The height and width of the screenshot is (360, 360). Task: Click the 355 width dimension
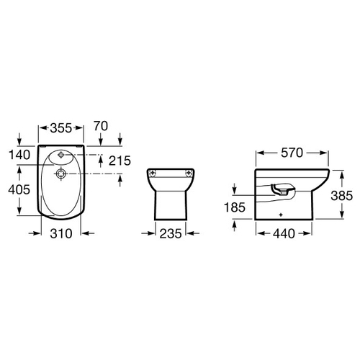click(60, 128)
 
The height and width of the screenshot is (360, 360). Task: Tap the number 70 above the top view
click(101, 126)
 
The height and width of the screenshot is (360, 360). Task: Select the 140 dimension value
click(19, 155)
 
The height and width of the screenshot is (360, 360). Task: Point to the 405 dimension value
click(19, 189)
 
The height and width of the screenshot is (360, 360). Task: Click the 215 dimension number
click(120, 161)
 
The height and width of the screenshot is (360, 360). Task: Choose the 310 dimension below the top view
click(61, 233)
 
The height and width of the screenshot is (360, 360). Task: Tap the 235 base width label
click(171, 233)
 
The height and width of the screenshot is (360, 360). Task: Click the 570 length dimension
click(292, 153)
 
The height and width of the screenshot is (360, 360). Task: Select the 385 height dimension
click(342, 196)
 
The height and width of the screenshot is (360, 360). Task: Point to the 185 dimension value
click(235, 207)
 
